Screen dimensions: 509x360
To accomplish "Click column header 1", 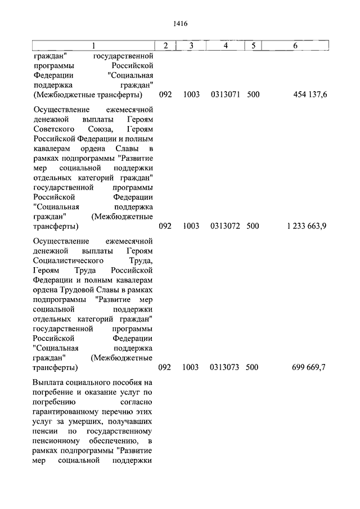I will [x=93, y=45].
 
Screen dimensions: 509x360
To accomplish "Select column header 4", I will [x=225, y=45].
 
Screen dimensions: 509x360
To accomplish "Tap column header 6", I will [x=295, y=45].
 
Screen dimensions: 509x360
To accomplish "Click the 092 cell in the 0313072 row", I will [x=165, y=226].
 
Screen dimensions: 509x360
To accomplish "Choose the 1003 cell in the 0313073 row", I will [x=191, y=367].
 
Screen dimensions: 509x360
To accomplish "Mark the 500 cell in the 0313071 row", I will [x=253, y=94].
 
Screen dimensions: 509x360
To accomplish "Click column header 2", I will [x=165, y=45].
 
